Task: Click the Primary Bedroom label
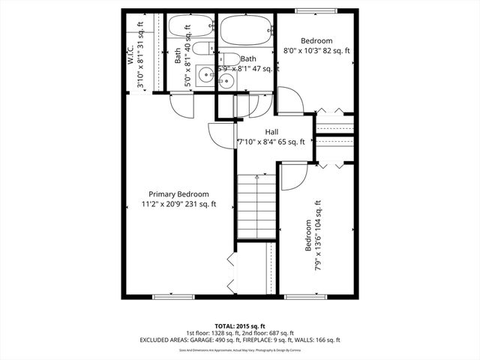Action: point(178,193)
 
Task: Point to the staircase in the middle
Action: point(257,206)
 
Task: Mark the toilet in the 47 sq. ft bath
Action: point(229,58)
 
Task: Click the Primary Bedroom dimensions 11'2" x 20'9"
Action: point(178,203)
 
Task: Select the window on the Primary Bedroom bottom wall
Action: point(173,297)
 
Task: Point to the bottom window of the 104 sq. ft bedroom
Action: point(305,297)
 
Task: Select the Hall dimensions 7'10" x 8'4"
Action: point(271,141)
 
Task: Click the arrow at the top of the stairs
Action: point(257,176)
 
